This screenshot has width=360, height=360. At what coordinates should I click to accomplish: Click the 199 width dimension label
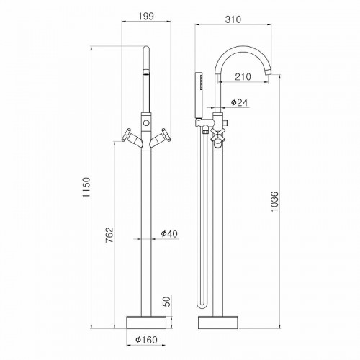[146, 17]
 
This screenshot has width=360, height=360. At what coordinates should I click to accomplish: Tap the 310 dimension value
[233, 19]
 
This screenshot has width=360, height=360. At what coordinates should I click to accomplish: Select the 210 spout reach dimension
[243, 77]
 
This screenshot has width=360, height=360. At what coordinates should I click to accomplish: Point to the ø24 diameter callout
[239, 102]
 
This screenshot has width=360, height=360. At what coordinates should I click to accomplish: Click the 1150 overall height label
[86, 187]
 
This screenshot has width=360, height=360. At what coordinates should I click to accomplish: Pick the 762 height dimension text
[109, 235]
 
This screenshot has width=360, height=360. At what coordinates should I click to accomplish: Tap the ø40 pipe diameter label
[169, 233]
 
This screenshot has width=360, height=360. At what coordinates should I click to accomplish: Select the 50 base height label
[168, 302]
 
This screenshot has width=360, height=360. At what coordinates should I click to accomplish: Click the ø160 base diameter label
[146, 340]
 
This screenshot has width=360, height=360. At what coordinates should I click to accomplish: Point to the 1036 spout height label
[274, 201]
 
